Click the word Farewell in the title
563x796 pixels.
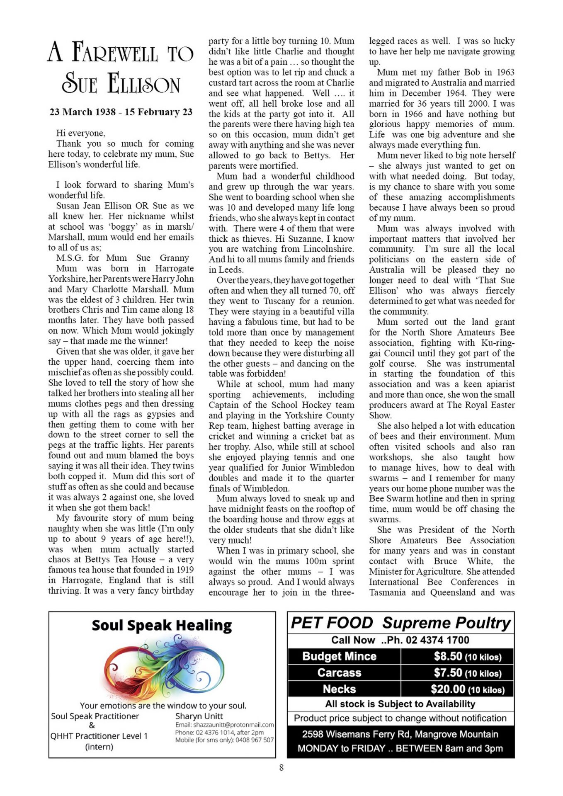click(115, 53)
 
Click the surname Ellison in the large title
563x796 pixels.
click(144, 84)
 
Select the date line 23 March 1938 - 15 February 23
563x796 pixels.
click(121, 112)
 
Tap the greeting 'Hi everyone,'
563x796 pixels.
click(81, 133)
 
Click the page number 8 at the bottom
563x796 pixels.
click(281, 767)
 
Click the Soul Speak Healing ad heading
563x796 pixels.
click(162, 625)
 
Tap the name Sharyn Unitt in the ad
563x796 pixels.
click(199, 716)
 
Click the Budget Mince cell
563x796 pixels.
click(339, 656)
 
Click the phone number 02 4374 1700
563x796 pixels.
click(437, 640)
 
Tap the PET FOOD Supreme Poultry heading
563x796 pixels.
click(400, 623)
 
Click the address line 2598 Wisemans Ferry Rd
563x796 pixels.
click(400, 734)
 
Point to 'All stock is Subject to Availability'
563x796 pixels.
click(400, 704)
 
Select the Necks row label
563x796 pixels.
click(339, 689)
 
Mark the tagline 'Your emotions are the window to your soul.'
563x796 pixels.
click(163, 705)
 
